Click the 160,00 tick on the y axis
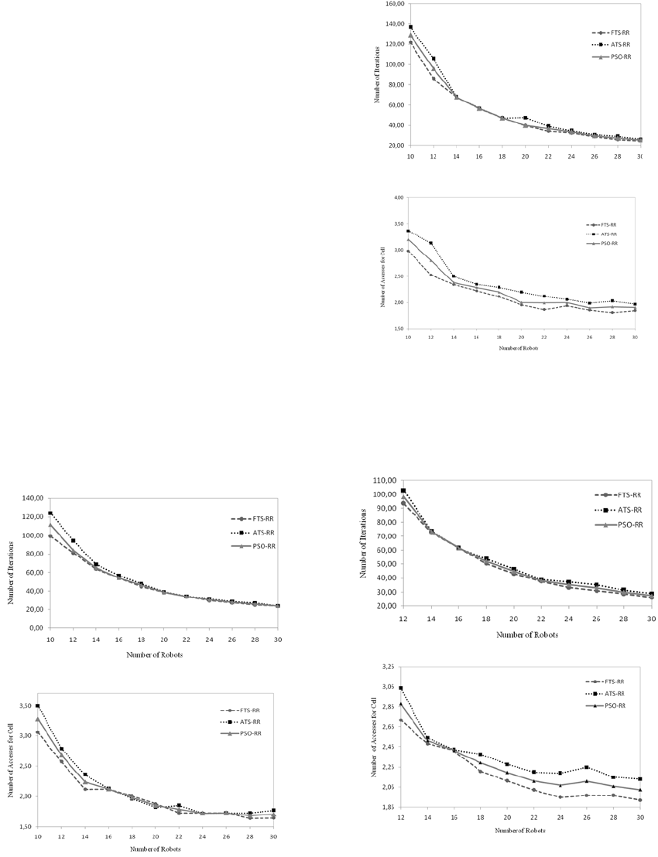(395, 4)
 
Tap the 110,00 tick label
(385, 480)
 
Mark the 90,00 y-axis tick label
(385, 508)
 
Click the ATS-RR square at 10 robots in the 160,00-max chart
(410, 27)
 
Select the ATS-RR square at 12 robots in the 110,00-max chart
(403, 490)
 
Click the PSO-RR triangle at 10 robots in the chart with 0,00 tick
(50, 525)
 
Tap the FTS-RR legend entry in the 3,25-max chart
(609, 681)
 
